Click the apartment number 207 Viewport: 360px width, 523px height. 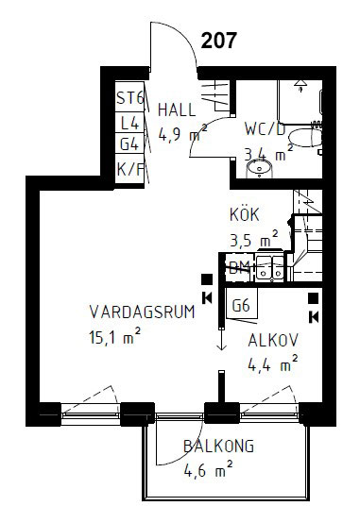coord(219,40)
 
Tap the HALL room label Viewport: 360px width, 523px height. coord(177,108)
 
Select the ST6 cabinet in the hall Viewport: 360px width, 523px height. coord(129,98)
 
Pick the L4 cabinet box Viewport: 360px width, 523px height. coord(129,122)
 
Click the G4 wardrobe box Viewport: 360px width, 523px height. coord(129,144)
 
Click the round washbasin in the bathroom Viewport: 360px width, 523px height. coord(258,168)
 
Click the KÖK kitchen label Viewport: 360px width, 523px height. coord(244,214)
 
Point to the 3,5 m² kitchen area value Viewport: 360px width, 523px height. coord(252,238)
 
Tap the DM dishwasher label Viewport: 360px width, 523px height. coord(239,268)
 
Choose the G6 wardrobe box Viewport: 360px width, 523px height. coord(241,305)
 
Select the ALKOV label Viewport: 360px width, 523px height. coord(273,340)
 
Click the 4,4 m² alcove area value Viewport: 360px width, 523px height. coord(272,363)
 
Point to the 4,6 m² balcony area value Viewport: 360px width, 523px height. coord(209,468)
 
